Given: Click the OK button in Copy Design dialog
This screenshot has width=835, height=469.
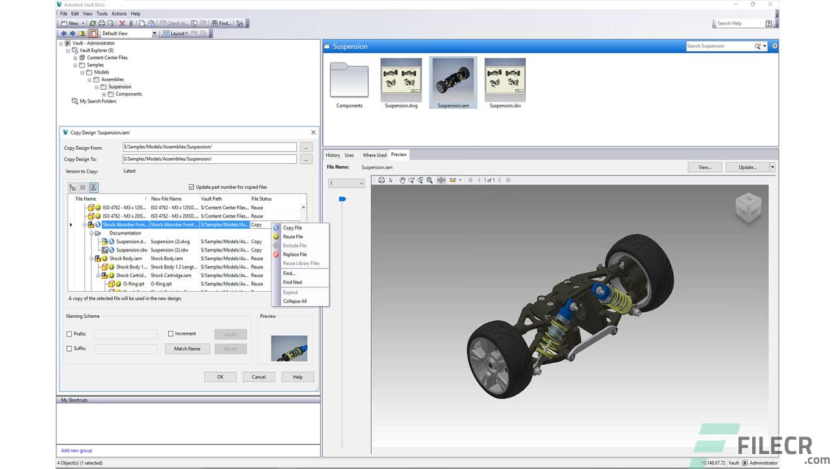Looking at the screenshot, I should [x=220, y=377].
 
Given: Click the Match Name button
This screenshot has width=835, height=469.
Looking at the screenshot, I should [x=187, y=348].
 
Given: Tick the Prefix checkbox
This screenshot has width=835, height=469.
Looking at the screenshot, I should [x=70, y=334].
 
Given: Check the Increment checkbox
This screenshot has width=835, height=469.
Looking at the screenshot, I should [x=171, y=334].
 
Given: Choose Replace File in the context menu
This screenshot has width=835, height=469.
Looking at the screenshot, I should [x=294, y=255].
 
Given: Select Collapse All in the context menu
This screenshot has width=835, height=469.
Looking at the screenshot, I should [x=294, y=301].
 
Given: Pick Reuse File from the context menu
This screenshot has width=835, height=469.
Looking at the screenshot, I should [x=293, y=237].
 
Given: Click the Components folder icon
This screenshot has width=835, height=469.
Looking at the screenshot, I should [x=349, y=80].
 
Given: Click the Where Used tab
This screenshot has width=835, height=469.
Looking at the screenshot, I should [x=374, y=155].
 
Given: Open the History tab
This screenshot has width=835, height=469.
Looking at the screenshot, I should [x=333, y=155].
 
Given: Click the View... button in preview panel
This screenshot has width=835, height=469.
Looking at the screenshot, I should [x=705, y=167].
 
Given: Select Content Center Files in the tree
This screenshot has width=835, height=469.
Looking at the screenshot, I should [x=107, y=57].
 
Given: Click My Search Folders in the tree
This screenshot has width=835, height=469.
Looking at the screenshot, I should [x=98, y=101].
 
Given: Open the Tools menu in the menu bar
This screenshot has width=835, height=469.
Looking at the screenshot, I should [x=102, y=14].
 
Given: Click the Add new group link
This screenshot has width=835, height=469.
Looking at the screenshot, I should [x=76, y=450].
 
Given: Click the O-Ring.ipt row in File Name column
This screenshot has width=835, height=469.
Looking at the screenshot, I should [x=134, y=284].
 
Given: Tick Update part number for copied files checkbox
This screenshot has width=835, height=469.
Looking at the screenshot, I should [x=191, y=187].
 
